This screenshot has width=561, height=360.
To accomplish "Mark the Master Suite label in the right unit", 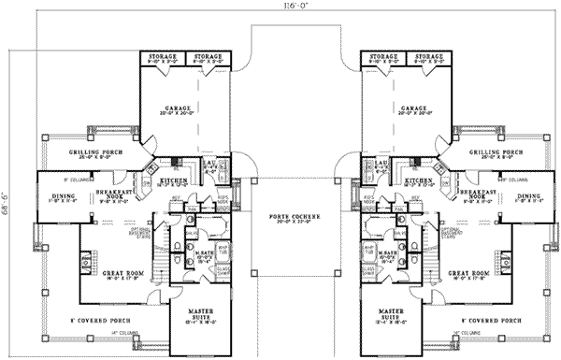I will pos(392,313).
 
